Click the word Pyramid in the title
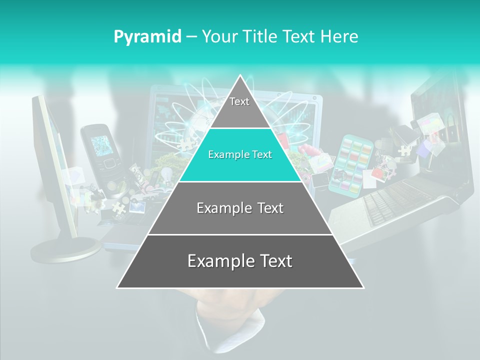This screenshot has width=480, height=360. click(x=147, y=36)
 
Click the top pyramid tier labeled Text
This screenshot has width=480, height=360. click(x=239, y=105)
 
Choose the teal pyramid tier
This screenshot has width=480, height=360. click(x=240, y=155)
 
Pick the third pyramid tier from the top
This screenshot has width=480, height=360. click(x=240, y=208)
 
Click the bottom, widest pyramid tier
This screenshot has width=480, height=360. click(x=240, y=261)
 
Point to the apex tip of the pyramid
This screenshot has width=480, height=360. click(x=240, y=75)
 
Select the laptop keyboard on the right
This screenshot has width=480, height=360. click(x=395, y=200)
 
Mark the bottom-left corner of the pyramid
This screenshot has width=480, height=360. click(x=117, y=288)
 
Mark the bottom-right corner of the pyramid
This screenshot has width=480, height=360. click(x=363, y=288)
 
